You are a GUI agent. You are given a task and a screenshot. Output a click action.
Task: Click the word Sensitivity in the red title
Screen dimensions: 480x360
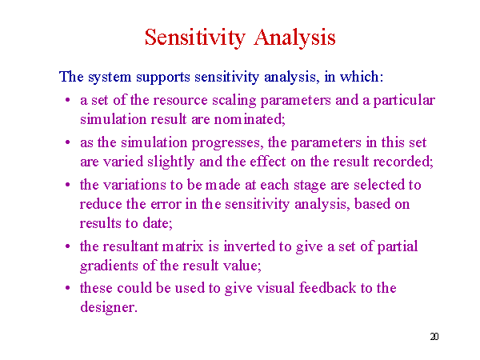195,38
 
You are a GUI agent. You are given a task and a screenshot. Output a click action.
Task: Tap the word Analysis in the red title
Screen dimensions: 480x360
294,38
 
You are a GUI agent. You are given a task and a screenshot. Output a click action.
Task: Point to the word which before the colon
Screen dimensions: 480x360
360,76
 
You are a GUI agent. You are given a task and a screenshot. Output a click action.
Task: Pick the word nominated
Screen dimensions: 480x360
249,119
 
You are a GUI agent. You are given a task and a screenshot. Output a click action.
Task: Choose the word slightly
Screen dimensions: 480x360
171,162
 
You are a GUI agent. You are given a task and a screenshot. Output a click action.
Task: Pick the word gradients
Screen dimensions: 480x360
109,266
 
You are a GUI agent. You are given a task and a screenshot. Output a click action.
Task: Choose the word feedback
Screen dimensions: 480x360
327,288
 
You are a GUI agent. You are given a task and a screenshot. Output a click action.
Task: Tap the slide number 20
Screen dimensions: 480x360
434,337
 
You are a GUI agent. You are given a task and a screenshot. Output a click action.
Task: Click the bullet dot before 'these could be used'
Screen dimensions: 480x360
68,288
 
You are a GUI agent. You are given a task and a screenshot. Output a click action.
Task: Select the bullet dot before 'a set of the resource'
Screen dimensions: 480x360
68,100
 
